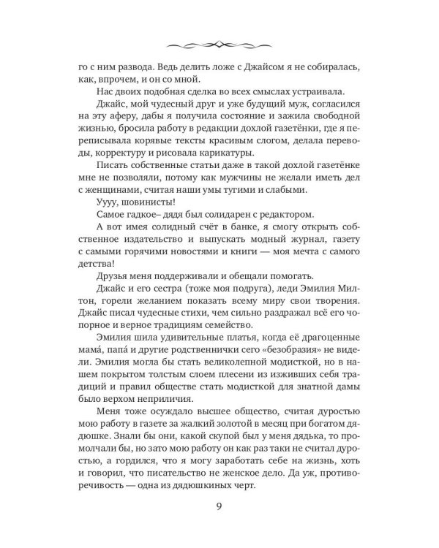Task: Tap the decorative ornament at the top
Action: click(219, 40)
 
